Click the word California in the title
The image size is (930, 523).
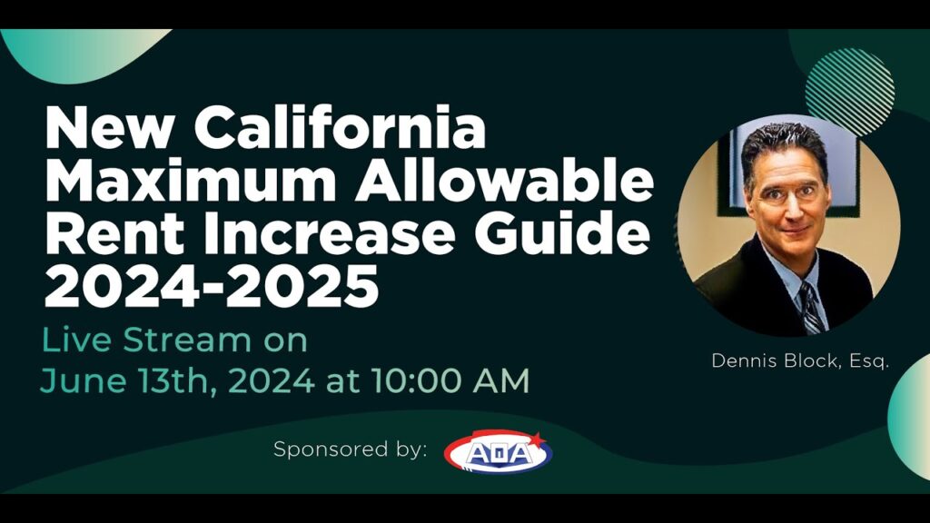point(340,127)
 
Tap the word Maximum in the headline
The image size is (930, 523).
point(191,181)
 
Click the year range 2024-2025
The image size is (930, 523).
point(212,285)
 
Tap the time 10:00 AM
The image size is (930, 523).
point(450,380)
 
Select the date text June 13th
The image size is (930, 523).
point(123,381)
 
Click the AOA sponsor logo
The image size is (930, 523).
point(499,452)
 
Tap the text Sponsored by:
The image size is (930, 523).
point(350,449)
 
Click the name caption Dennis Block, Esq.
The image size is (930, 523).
point(800,360)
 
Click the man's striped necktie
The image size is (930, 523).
point(811,307)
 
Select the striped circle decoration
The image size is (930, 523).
point(850,92)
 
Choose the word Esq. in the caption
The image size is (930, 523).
point(869,361)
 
